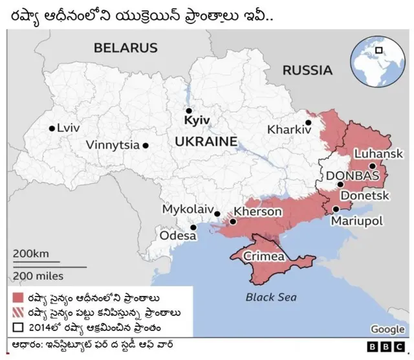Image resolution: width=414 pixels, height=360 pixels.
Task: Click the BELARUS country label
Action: [125, 47]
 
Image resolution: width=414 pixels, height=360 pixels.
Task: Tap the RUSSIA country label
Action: [307, 70]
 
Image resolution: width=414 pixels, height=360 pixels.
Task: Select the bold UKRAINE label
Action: [206, 141]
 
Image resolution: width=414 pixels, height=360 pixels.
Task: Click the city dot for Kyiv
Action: [189, 111]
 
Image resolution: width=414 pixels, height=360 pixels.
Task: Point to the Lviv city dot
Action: [52, 128]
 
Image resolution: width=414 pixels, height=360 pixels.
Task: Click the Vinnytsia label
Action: [113, 145]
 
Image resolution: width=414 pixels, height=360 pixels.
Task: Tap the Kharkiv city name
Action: [289, 129]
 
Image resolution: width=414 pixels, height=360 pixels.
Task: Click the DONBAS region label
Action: [352, 176]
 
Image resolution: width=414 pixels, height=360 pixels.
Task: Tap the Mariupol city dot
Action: [336, 209]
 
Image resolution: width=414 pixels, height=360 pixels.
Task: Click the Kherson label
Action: [257, 212]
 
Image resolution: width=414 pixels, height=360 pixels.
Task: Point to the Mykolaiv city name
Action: [187, 210]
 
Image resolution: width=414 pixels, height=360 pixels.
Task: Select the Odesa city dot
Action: [193, 227]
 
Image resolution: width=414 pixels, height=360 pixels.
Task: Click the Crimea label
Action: [264, 256]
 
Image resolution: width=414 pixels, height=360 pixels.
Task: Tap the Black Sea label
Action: [271, 297]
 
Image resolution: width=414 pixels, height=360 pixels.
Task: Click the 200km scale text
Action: [30, 253]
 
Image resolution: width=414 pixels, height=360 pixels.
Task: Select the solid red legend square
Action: [18, 297]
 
